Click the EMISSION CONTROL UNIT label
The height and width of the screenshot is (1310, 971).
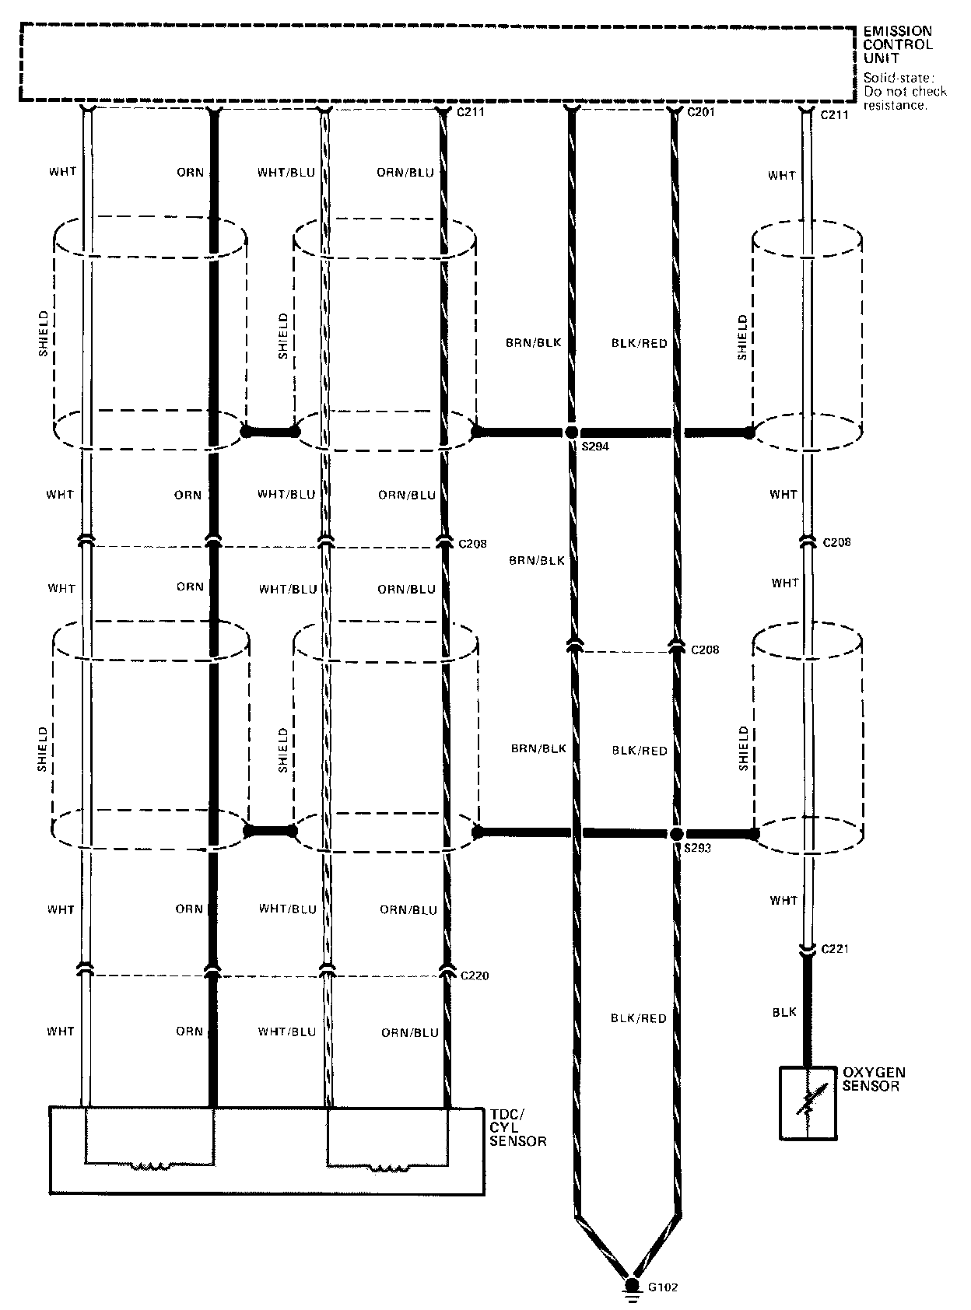click(x=897, y=44)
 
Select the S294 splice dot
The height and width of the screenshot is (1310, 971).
click(x=572, y=433)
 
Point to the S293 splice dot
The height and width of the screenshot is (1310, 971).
click(x=675, y=833)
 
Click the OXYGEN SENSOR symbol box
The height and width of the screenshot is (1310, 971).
click(x=808, y=1103)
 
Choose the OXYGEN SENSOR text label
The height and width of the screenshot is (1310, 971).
click(x=875, y=1079)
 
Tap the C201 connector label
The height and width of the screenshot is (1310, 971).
click(x=703, y=113)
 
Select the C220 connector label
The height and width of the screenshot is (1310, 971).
click(x=475, y=975)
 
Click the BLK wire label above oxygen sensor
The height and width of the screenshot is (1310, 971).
click(x=784, y=1012)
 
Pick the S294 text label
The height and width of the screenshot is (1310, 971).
click(x=594, y=448)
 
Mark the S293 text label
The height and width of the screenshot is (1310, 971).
click(x=697, y=848)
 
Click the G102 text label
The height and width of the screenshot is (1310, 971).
click(x=664, y=1287)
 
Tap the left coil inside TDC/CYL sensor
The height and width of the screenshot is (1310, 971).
click(x=149, y=1165)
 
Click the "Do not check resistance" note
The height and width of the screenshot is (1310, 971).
click(x=905, y=91)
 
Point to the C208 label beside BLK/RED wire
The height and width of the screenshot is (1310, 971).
click(x=705, y=650)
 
